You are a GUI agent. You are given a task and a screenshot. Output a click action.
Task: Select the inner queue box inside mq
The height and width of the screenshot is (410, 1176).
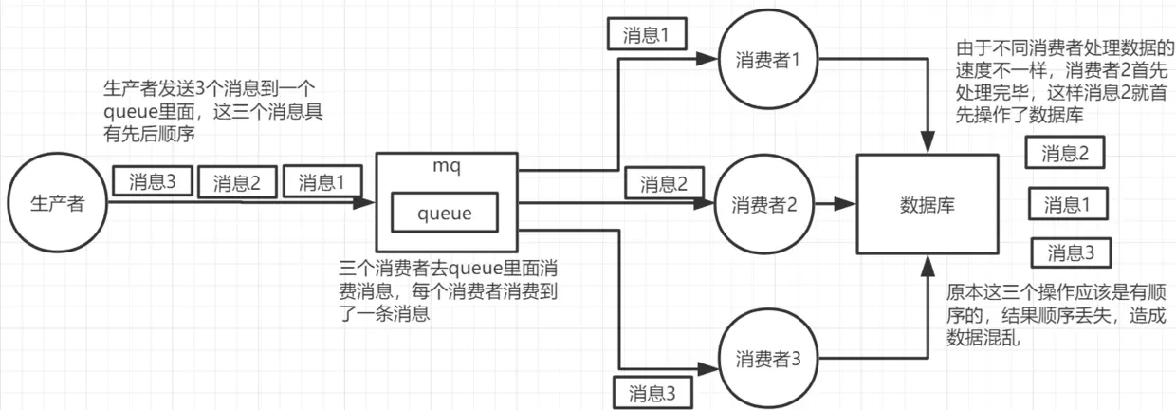click(445, 214)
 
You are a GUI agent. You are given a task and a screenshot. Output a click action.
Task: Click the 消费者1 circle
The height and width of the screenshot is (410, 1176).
click(768, 59)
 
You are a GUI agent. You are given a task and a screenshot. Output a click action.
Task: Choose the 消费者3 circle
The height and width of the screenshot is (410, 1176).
click(768, 359)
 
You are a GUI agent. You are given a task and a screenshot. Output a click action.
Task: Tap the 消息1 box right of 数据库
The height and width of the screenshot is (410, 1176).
click(1067, 203)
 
